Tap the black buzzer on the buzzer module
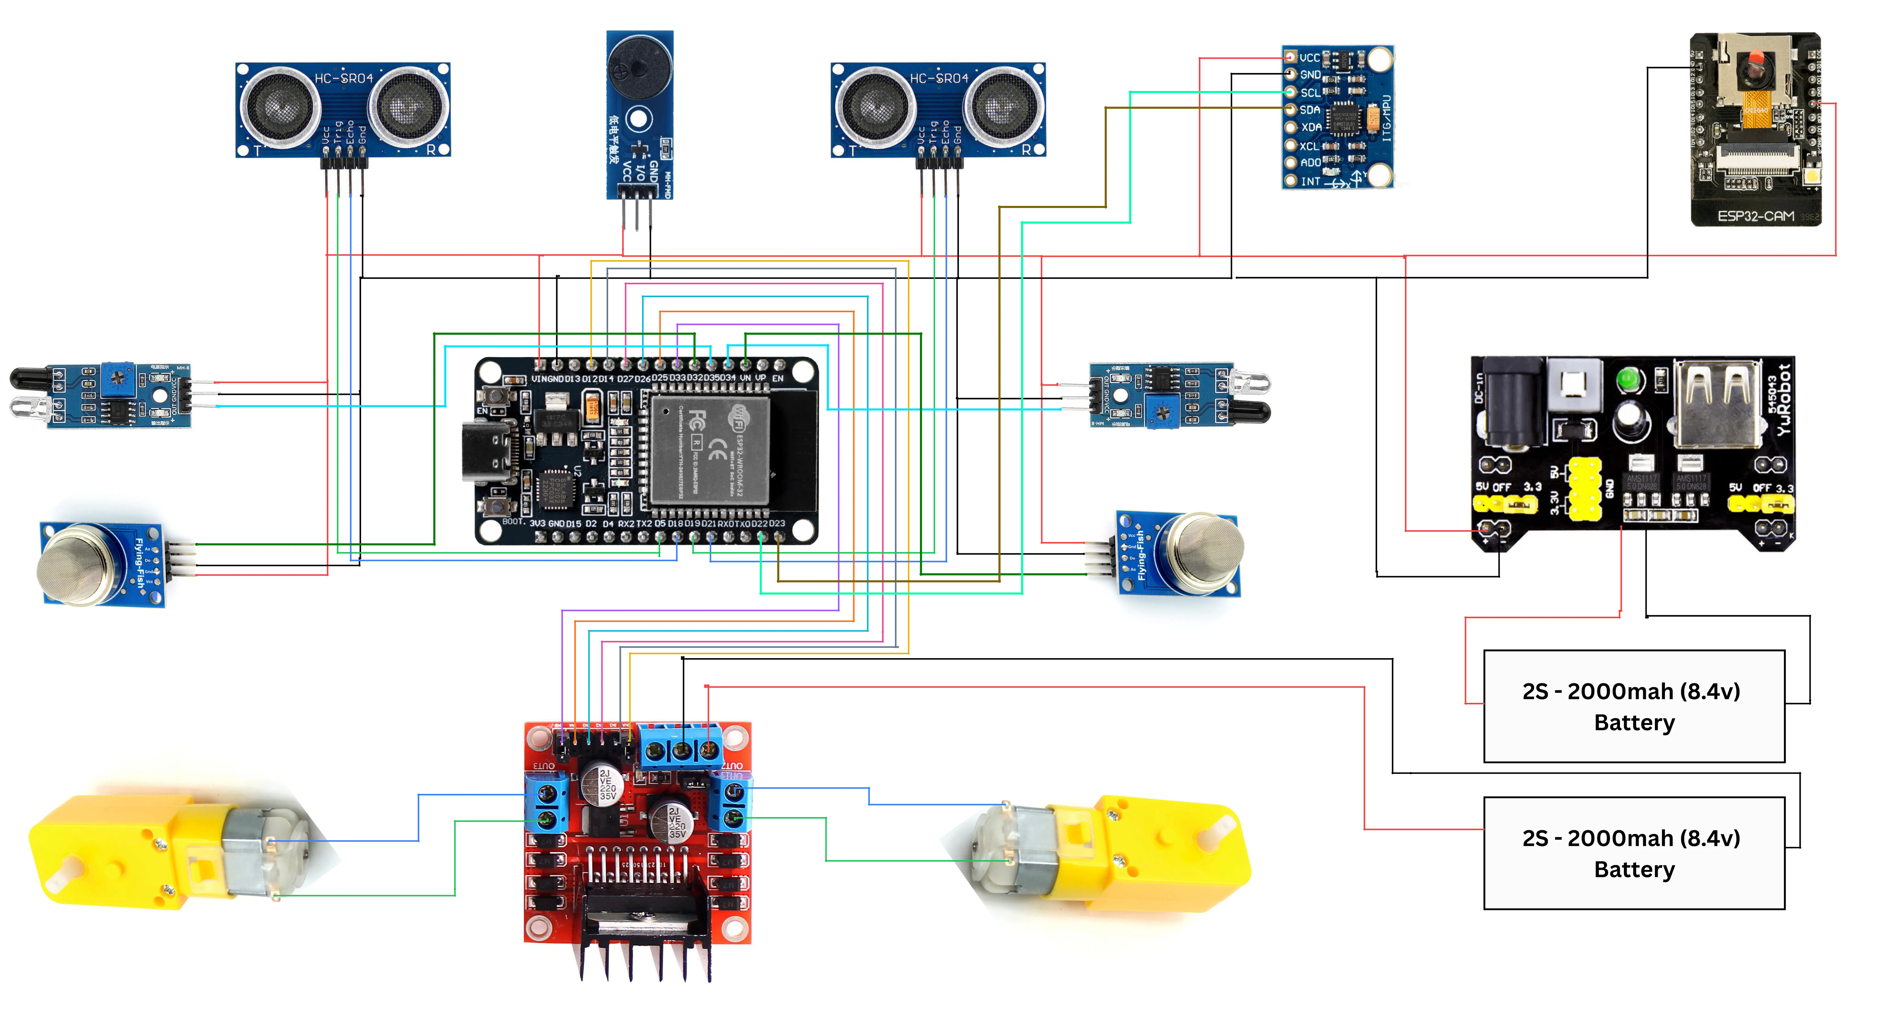point(639,66)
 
